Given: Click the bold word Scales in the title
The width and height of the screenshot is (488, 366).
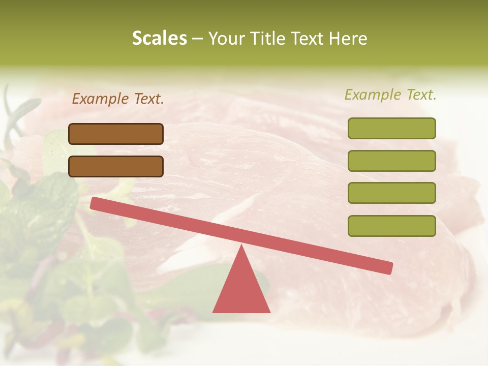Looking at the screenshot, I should pyautogui.click(x=159, y=39).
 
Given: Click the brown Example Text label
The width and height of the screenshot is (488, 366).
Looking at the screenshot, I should pyautogui.click(x=118, y=99).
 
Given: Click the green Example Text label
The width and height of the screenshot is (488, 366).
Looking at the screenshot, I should pyautogui.click(x=390, y=95).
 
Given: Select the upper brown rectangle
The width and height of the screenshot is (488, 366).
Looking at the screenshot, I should pyautogui.click(x=116, y=134).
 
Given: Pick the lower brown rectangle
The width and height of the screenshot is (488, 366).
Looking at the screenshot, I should pyautogui.click(x=116, y=166).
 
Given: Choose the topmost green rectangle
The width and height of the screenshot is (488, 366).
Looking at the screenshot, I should pyautogui.click(x=391, y=128).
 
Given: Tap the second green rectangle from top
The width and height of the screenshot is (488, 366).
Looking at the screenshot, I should pyautogui.click(x=391, y=161).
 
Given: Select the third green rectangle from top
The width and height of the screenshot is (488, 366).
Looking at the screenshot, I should pyautogui.click(x=391, y=193).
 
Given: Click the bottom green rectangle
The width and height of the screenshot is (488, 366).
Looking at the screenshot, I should pyautogui.click(x=391, y=226).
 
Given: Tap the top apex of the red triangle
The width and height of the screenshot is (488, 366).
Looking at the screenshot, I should pyautogui.click(x=241, y=247).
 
